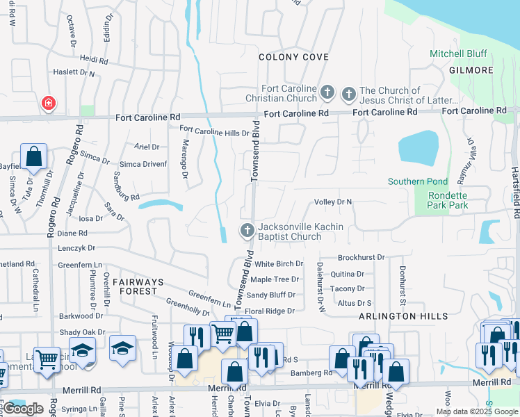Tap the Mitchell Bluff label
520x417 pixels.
(459, 54)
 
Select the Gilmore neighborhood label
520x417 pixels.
(471, 70)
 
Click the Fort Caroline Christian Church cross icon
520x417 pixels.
(327, 92)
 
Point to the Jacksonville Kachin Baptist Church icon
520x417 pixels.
(247, 231)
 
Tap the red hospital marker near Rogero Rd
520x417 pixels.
(49, 104)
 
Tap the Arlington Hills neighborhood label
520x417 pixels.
(394, 316)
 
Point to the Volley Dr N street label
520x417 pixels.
(334, 202)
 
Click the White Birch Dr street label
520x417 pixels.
(279, 264)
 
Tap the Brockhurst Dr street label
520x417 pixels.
(361, 257)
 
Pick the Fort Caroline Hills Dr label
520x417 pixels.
(214, 130)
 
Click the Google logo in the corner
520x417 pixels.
(24, 408)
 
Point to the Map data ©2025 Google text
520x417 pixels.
(477, 411)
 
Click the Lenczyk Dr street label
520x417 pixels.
(76, 247)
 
